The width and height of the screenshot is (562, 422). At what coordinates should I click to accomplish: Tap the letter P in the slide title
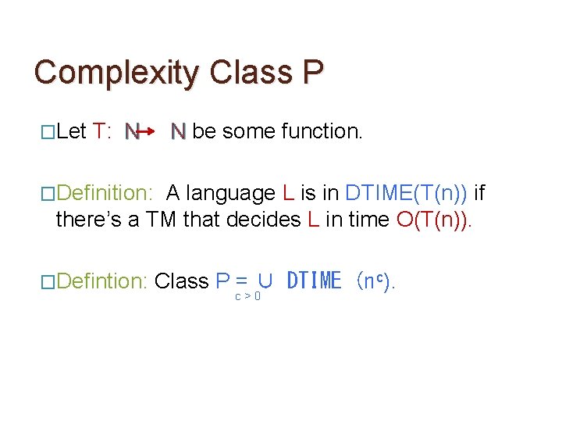click(x=311, y=72)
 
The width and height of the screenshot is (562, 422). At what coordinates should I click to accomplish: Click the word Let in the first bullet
click(x=71, y=131)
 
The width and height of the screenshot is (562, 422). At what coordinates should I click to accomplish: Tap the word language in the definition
click(x=233, y=192)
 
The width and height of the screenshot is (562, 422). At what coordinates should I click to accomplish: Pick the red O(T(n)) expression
click(x=433, y=220)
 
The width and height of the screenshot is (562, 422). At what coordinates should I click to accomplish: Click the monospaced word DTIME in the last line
click(x=314, y=281)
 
